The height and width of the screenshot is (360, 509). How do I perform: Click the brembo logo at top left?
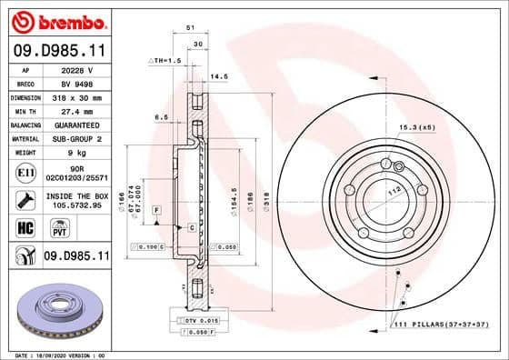pyautogui.click(x=56, y=19)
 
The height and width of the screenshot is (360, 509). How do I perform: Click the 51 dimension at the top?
pyautogui.click(x=189, y=28)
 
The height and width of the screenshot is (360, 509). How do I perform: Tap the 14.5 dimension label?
pyautogui.click(x=218, y=77)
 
